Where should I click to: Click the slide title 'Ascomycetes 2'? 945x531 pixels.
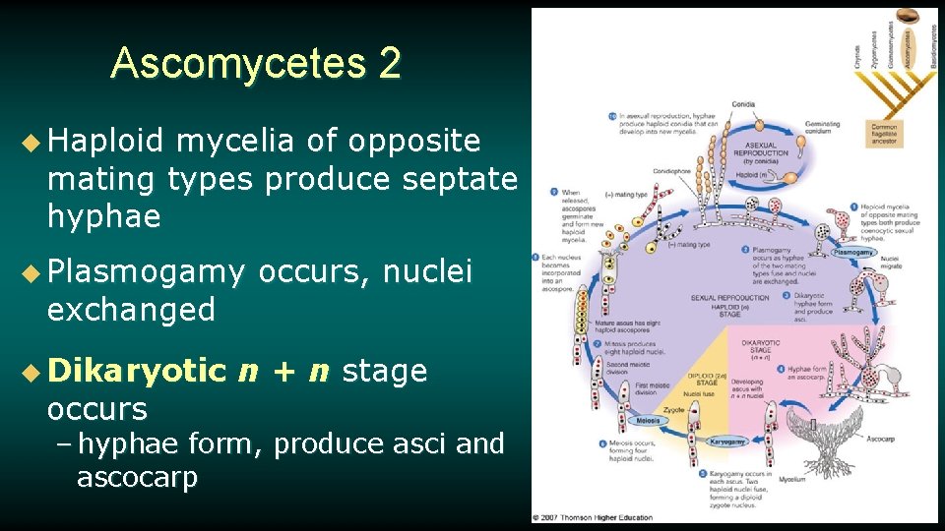(256, 64)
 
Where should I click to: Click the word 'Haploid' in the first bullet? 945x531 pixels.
(103, 142)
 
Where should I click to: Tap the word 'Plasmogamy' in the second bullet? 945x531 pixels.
(146, 270)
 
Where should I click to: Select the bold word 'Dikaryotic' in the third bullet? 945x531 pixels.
(137, 371)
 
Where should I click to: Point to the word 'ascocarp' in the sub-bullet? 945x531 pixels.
(137, 479)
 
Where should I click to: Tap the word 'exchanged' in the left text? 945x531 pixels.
(131, 310)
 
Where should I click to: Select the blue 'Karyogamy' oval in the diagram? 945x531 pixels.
(733, 442)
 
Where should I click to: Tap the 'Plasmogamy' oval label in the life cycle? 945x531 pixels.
(852, 253)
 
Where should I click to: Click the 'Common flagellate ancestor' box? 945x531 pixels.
(884, 134)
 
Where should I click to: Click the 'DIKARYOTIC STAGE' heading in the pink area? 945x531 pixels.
(761, 348)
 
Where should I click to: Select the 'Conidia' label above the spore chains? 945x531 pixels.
(742, 103)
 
